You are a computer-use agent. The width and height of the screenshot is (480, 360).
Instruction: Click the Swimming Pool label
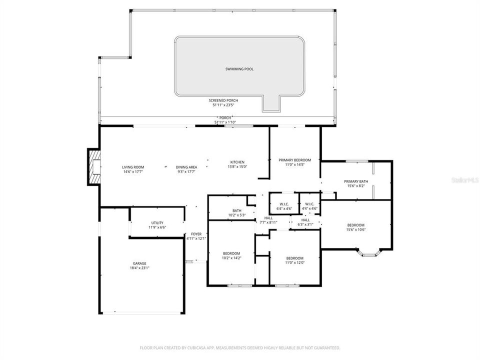coord(239,69)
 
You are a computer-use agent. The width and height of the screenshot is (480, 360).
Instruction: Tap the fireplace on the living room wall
coord(93,167)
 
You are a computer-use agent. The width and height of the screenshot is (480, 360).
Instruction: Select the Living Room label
coord(133,167)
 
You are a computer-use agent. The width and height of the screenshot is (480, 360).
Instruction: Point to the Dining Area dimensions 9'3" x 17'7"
coord(186,171)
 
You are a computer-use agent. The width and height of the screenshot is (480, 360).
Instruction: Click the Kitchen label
coord(237,162)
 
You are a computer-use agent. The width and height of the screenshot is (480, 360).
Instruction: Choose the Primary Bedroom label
coord(294,160)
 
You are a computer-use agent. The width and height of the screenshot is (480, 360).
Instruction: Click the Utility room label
coord(157,223)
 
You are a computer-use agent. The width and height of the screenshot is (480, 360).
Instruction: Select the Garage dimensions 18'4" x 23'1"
coord(139,268)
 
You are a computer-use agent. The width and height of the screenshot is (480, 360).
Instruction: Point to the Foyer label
coord(196,234)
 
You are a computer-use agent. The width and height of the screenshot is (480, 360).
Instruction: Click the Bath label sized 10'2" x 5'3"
coord(237,210)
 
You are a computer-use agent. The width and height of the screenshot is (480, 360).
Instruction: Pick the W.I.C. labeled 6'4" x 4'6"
coord(284,204)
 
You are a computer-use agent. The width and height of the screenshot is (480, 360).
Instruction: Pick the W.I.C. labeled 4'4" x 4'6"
coord(309,204)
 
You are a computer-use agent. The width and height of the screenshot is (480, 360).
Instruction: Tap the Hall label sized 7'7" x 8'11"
coord(268,218)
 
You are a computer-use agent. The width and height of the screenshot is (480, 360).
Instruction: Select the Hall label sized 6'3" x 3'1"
coord(305,220)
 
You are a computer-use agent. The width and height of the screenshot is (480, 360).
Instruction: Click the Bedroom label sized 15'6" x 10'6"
coord(355,225)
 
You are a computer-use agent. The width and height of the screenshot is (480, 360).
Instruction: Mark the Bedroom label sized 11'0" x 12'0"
coord(294,258)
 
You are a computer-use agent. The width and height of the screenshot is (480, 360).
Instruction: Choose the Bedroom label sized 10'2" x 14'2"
coord(231,253)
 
